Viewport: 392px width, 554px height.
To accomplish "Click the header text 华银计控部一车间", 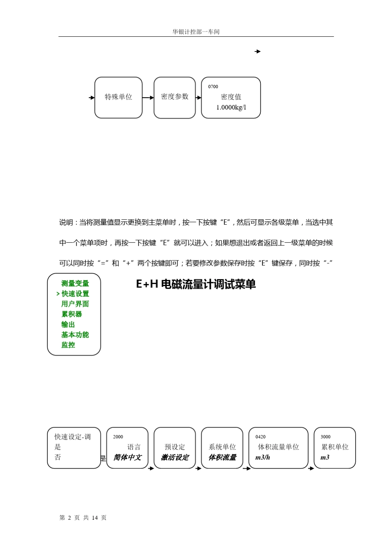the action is pyautogui.click(x=196, y=32).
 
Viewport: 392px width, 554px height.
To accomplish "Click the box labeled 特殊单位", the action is pyautogui.click(x=118, y=97).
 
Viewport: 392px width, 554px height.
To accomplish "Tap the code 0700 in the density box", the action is pyautogui.click(x=213, y=87).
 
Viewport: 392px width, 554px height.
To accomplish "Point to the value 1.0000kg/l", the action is pyautogui.click(x=231, y=108).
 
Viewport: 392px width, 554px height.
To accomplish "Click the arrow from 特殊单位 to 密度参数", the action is pyautogui.click(x=148, y=98).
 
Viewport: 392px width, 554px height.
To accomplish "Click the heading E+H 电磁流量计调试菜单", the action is pyautogui.click(x=196, y=284).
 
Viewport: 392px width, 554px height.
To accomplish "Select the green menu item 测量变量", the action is pyautogui.click(x=75, y=284).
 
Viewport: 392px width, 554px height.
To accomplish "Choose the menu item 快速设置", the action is pyautogui.click(x=75, y=294).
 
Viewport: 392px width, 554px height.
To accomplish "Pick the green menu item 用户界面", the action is pyautogui.click(x=75, y=304).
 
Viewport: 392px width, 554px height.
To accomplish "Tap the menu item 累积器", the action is pyautogui.click(x=72, y=314).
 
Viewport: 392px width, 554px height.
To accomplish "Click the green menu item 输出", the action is pyautogui.click(x=68, y=324).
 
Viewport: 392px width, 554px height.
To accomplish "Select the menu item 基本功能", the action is pyautogui.click(x=75, y=335).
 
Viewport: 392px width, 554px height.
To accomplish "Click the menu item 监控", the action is pyautogui.click(x=68, y=345).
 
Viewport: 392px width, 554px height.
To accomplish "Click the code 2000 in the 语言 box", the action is pyautogui.click(x=118, y=437).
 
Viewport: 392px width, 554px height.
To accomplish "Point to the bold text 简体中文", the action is pyautogui.click(x=128, y=458).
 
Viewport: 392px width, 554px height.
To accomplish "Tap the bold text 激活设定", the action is pyautogui.click(x=175, y=458).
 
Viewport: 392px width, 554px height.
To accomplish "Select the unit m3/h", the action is pyautogui.click(x=263, y=458).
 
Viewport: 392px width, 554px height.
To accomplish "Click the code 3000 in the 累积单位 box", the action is pyautogui.click(x=326, y=437).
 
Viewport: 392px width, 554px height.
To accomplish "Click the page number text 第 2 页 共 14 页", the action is pyautogui.click(x=83, y=518).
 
